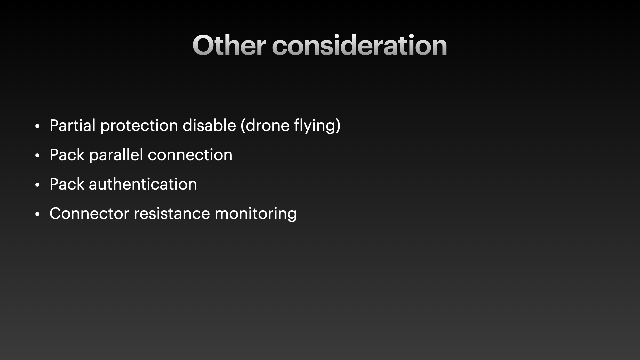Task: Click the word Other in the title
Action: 229,45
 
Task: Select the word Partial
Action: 72,126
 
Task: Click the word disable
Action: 209,126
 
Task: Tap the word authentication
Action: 143,184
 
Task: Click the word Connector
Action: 89,214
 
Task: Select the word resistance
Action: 172,214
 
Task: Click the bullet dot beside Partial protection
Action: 37,126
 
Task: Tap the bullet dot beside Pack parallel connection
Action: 37,156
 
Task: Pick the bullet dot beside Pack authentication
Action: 37,185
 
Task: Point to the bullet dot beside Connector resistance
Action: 37,214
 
